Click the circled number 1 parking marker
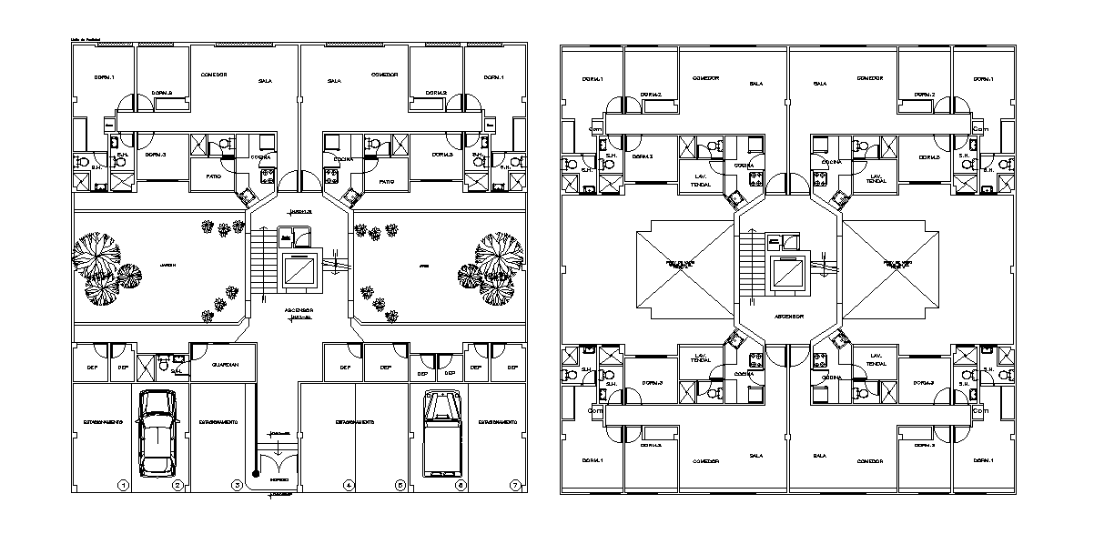pos(123,485)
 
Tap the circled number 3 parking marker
pos(237,485)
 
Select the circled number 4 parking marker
pos(348,485)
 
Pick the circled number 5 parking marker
pos(400,485)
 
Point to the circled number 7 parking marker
pos(515,485)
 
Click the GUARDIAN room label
pos(224,365)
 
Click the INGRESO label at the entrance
pos(279,479)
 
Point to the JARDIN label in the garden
pos(167,266)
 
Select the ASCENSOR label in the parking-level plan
pos(299,309)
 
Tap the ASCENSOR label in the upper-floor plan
pos(789,317)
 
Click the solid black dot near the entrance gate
pos(258,474)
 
